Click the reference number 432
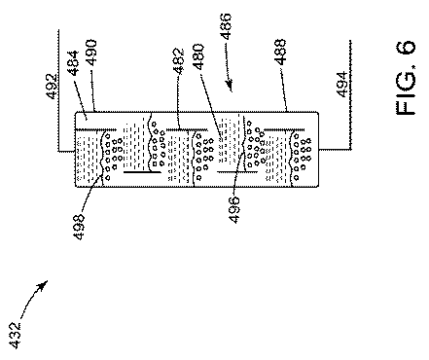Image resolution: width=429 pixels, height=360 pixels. pyautogui.click(x=16, y=336)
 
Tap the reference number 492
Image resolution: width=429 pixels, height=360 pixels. pyautogui.click(x=52, y=87)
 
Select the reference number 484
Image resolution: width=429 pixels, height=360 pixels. pyautogui.click(x=74, y=63)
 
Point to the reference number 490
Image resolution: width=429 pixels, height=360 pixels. pyautogui.click(x=91, y=53)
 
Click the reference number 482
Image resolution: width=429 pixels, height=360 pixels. pyautogui.click(x=179, y=61)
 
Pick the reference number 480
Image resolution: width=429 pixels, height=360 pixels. pyautogui.click(x=198, y=56)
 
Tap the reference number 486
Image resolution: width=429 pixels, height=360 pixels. pyautogui.click(x=226, y=26)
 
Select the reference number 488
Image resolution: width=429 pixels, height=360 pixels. pyautogui.click(x=280, y=52)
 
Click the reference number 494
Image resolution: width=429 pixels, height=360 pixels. pyautogui.click(x=342, y=85)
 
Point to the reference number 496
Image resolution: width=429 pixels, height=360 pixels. pyautogui.click(x=234, y=210)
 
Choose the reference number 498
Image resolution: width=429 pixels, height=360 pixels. pyautogui.click(x=79, y=227)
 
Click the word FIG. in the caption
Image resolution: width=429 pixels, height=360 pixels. pyautogui.click(x=406, y=90)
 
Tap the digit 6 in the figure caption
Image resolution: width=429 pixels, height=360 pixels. pyautogui.click(x=406, y=47)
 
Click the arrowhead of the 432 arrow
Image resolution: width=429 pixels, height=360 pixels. pyautogui.click(x=44, y=285)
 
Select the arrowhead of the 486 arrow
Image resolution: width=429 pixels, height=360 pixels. pyautogui.click(x=230, y=86)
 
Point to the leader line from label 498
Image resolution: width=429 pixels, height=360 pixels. pyautogui.click(x=91, y=193)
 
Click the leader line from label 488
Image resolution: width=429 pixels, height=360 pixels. pyautogui.click(x=284, y=89)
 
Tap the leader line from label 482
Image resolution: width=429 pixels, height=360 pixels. pyautogui.click(x=178, y=102)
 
